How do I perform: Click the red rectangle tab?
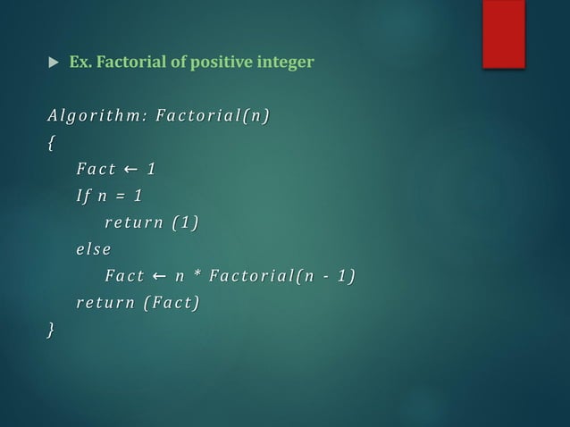pyautogui.click(x=503, y=31)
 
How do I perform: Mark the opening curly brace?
pyautogui.click(x=52, y=142)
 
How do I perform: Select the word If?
pyautogui.click(x=83, y=196)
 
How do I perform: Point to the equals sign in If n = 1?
pyautogui.click(x=120, y=196)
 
